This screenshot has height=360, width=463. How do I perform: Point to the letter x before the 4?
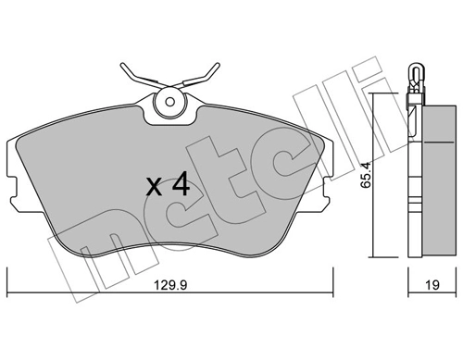click(x=154, y=187)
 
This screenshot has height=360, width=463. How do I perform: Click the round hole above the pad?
click(x=169, y=105)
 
